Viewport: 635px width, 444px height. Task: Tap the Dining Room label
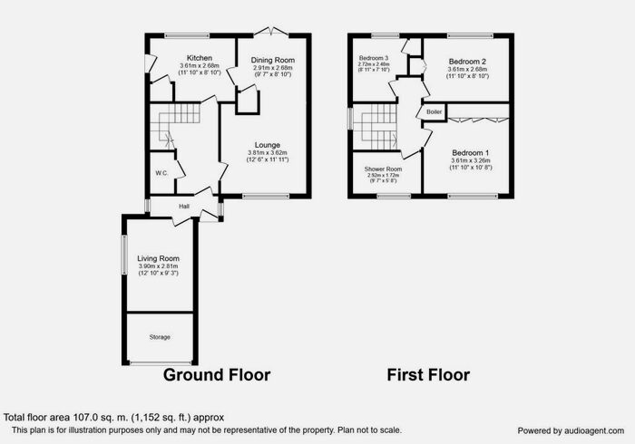(273, 60)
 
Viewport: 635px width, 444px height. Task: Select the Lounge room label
(267, 145)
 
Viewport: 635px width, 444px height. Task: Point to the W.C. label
(161, 172)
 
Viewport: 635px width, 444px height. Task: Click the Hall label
(183, 207)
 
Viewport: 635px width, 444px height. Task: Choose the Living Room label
(159, 258)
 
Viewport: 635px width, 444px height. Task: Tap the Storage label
(159, 337)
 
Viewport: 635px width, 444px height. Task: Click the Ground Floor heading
(217, 374)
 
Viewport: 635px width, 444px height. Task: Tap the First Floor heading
(428, 374)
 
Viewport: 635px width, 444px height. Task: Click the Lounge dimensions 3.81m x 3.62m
(267, 153)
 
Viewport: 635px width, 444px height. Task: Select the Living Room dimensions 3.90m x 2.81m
(159, 266)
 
